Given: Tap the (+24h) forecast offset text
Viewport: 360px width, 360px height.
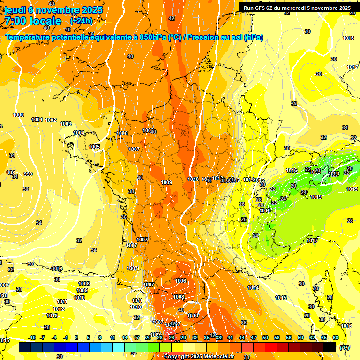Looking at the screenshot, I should tap(81, 21).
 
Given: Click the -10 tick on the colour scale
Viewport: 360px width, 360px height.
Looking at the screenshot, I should tap(32, 337).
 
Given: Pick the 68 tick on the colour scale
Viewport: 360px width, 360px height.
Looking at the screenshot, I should tap(336, 337).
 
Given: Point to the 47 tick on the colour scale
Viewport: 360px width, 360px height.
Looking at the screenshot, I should tap(254, 337).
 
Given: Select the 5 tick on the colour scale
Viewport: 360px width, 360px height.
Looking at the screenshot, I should tap(89, 337).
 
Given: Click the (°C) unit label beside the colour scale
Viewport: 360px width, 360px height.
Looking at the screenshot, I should tap(344, 347).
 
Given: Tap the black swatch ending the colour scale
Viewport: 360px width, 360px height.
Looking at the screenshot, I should tap(330, 347).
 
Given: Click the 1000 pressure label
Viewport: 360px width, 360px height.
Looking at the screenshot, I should tap(18, 115).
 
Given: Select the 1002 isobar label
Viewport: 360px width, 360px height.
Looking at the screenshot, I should tap(51, 120).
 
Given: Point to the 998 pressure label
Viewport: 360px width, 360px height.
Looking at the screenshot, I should tap(10, 172).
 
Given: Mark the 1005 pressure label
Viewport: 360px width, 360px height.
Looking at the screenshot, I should tap(94, 147).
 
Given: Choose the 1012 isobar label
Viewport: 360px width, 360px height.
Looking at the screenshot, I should tap(59, 309).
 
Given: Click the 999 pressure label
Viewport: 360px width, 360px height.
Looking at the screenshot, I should tap(28, 174).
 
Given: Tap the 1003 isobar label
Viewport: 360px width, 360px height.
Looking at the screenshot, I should tap(66, 124).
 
